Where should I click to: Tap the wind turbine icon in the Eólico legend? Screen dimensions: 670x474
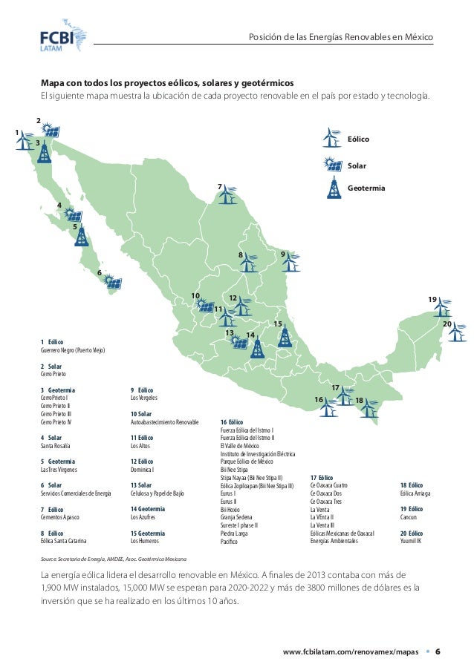click(x=329, y=138)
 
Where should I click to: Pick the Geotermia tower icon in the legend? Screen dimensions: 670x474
click(x=329, y=189)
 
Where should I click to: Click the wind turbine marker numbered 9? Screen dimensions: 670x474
click(x=293, y=260)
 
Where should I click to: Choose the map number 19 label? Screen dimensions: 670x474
click(x=432, y=298)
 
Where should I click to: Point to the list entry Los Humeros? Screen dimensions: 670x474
click(x=145, y=542)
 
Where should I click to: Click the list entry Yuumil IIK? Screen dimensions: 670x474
click(x=411, y=542)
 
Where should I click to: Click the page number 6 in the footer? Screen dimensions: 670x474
click(x=438, y=651)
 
